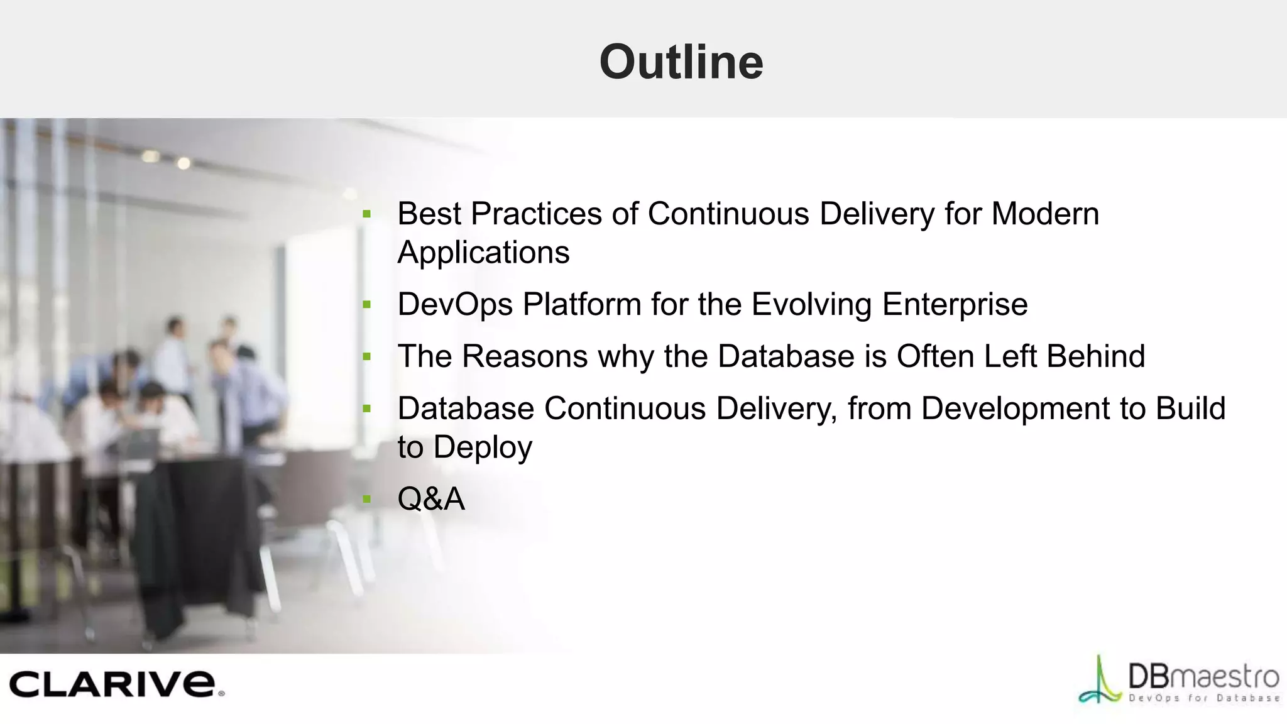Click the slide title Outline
tap(681, 62)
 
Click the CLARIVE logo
tap(116, 684)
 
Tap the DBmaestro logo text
tap(1203, 677)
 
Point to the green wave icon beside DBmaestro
tap(1100, 682)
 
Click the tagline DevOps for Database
tap(1203, 698)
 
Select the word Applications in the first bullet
tap(483, 253)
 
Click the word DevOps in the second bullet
tap(455, 305)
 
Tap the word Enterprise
tap(955, 305)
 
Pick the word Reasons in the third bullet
tap(525, 356)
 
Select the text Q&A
tap(431, 499)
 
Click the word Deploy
tap(482, 447)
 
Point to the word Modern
tap(1044, 214)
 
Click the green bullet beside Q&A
tap(367, 500)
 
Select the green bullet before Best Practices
tap(367, 215)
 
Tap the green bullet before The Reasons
tap(367, 358)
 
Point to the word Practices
tap(536, 214)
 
